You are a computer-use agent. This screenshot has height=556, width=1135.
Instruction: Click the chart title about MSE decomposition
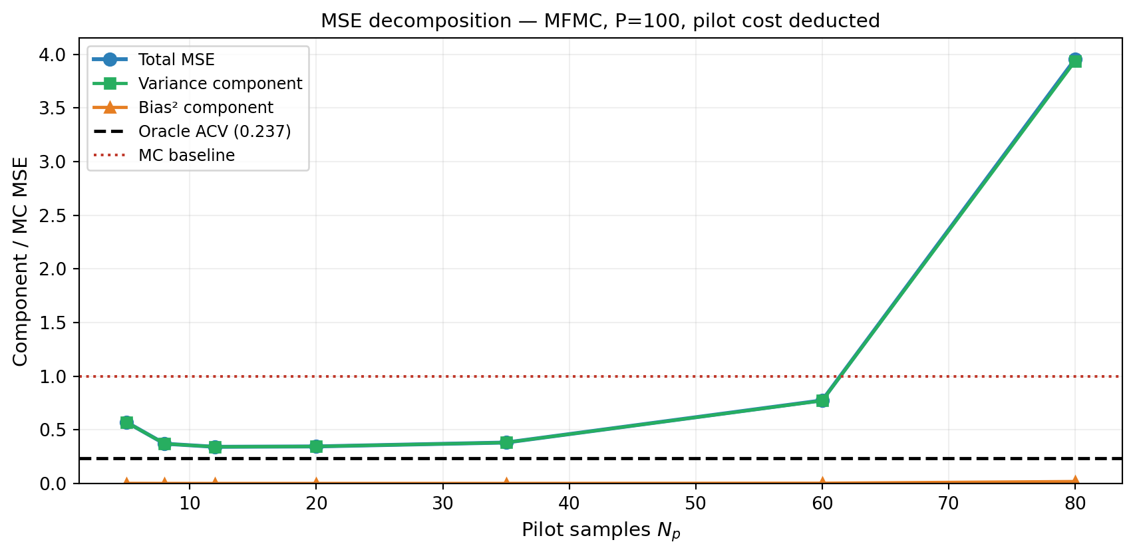(x=600, y=21)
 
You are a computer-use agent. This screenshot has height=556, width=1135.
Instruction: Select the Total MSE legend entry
(x=176, y=60)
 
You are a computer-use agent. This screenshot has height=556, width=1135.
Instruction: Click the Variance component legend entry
(x=220, y=84)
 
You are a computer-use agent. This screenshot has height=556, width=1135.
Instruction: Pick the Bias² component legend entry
(x=206, y=108)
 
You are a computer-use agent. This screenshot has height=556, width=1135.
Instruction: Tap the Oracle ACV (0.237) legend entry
(x=214, y=132)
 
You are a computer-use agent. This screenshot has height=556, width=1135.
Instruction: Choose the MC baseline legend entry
(x=186, y=156)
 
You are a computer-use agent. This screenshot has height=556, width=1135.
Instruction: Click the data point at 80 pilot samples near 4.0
(x=1074, y=61)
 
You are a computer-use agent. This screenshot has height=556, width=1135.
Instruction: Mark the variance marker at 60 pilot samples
(x=822, y=400)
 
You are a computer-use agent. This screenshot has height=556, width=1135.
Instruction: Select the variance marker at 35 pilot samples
(x=506, y=442)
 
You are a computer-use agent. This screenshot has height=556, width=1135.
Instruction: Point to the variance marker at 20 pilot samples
(x=316, y=446)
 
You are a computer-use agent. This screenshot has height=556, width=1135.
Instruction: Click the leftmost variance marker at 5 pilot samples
(x=126, y=422)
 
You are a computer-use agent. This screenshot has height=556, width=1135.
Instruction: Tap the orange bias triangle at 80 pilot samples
(x=1074, y=480)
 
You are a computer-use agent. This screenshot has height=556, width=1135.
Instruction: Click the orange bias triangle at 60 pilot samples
(x=822, y=482)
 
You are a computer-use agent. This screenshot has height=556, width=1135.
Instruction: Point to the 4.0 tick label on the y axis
(x=53, y=55)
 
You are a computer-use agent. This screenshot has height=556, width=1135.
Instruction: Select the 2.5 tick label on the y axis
(x=53, y=215)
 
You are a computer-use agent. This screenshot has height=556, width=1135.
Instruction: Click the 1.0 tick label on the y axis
(x=53, y=376)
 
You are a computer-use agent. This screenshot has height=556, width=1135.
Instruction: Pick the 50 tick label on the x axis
(x=695, y=503)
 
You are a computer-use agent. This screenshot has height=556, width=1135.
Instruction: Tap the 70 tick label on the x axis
(x=948, y=503)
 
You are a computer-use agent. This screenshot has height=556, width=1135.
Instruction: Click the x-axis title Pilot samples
(x=600, y=530)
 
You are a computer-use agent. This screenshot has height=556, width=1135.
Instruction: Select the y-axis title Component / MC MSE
(x=21, y=261)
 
